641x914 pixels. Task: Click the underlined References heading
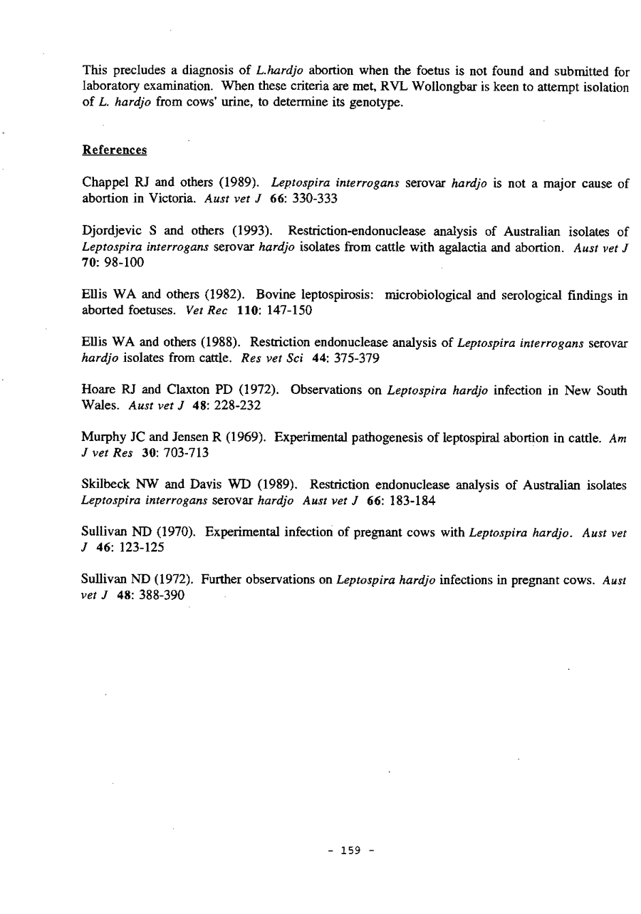point(115,151)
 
